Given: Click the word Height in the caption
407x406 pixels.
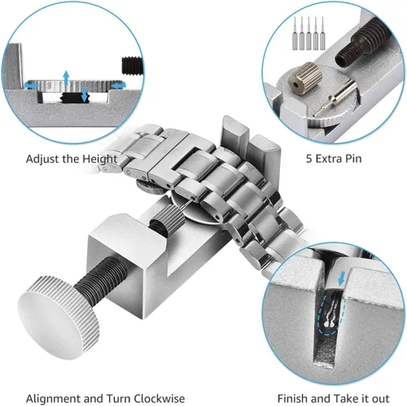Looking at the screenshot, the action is pos(100,159).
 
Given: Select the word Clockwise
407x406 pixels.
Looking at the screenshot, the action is pos(160,399).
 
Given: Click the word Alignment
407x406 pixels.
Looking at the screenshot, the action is pos(54,399).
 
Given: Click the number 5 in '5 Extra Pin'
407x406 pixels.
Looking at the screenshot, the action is pos(309,159).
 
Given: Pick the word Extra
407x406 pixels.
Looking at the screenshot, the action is pos(326,159).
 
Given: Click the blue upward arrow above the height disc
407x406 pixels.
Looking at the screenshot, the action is pos(66,78).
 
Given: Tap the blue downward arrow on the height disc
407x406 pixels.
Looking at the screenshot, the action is pos(85,94).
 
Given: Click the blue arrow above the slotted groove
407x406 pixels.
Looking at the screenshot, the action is pos(343,278).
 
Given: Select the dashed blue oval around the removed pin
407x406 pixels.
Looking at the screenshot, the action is pos(331,315).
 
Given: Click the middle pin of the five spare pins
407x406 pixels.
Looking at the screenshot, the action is pos(309,33).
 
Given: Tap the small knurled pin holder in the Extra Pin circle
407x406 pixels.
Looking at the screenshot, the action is pos(305,78).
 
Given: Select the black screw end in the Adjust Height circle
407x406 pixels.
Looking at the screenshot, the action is pos(132,66).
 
